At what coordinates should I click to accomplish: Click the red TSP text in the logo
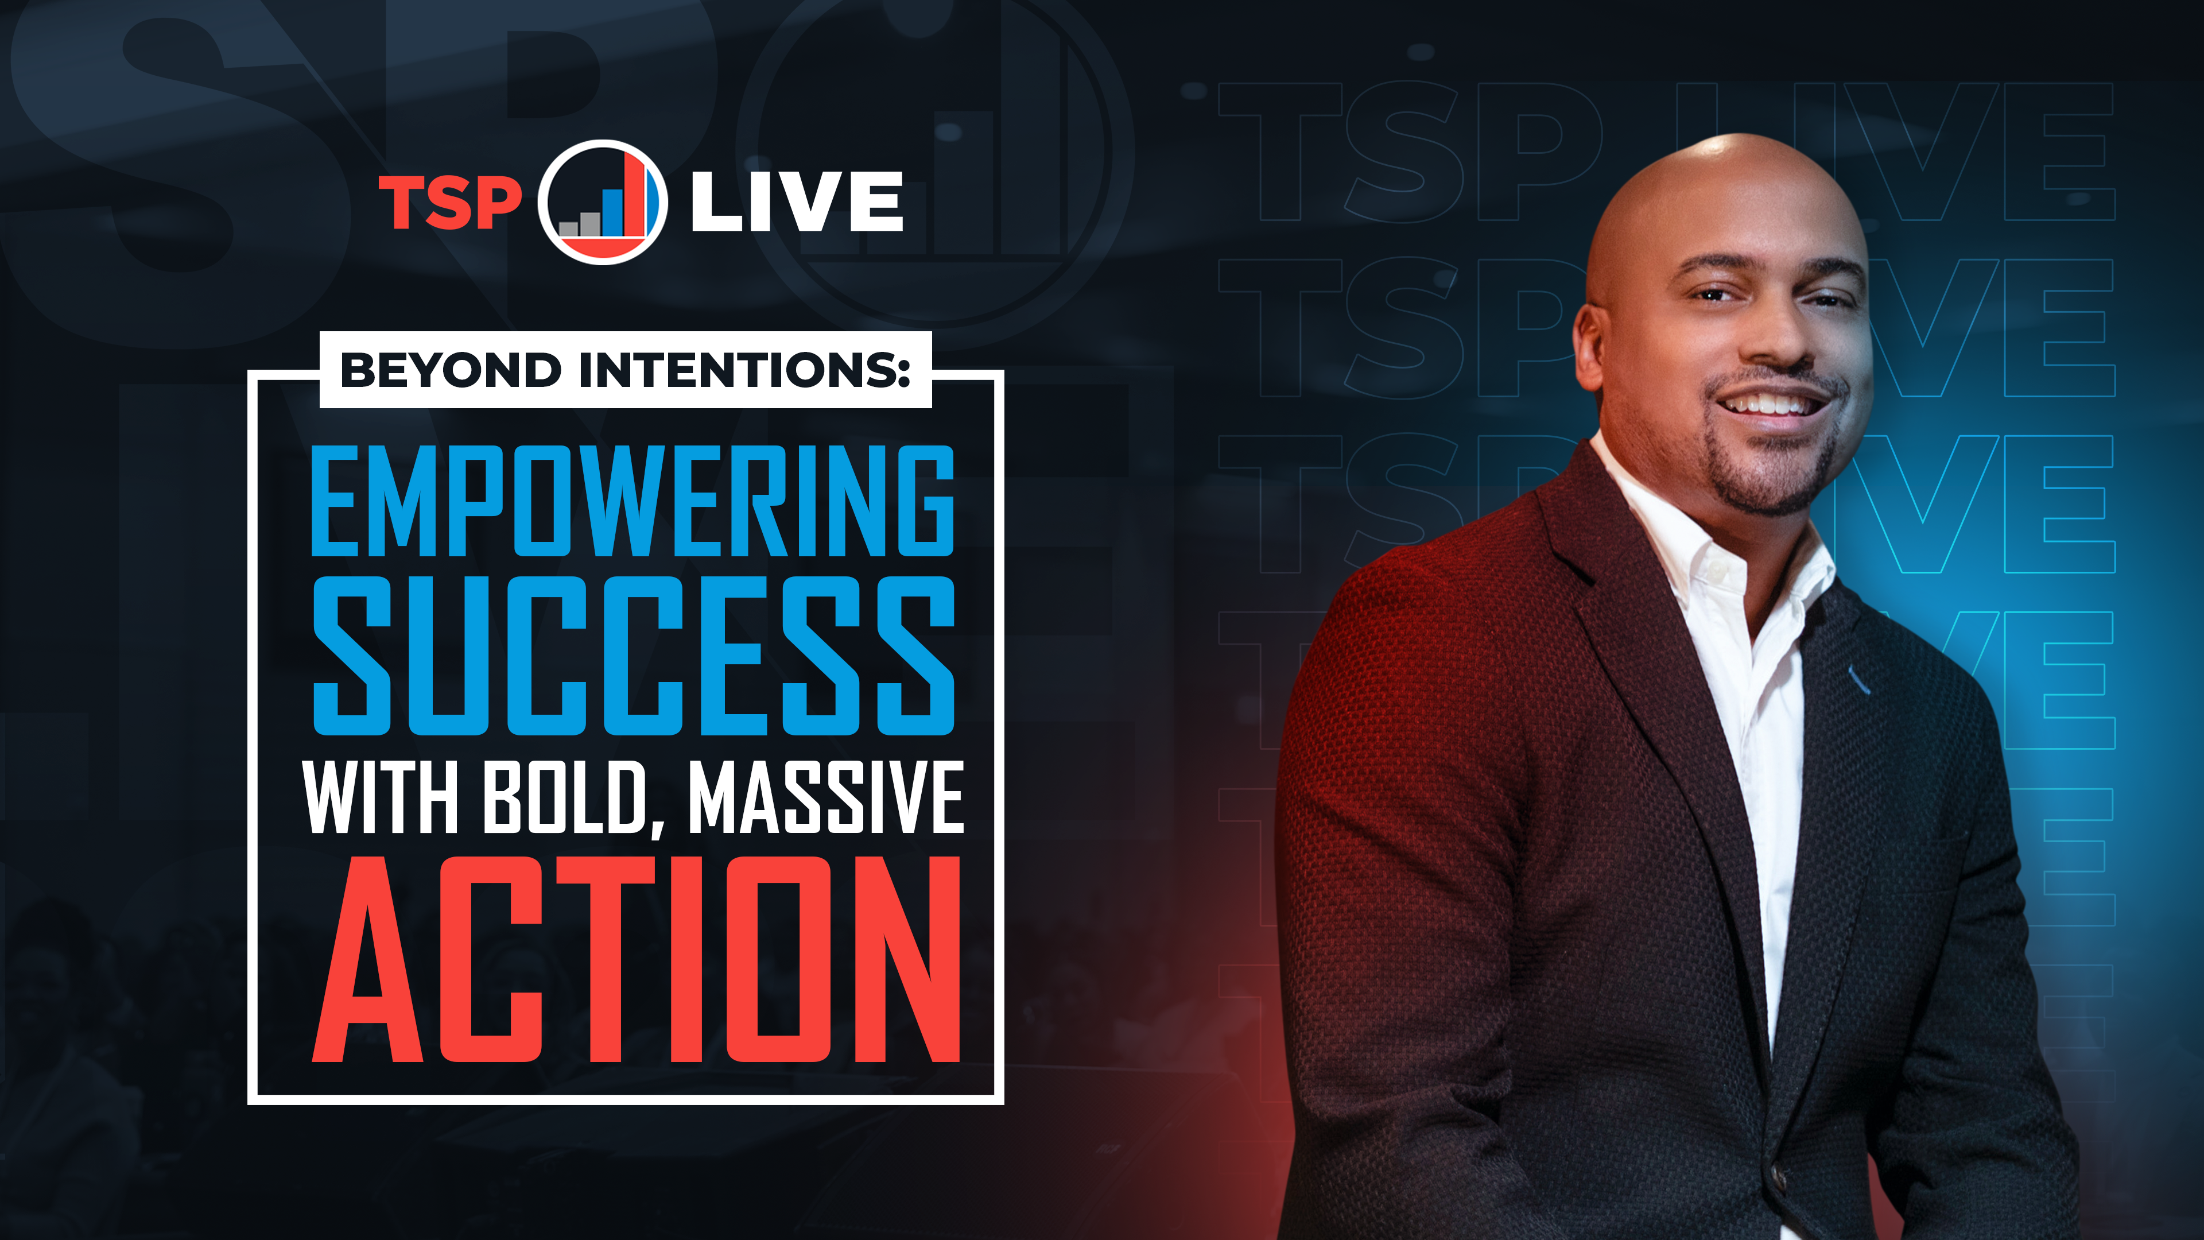click(450, 203)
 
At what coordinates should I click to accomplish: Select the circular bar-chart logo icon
click(602, 203)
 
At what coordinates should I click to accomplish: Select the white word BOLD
click(565, 797)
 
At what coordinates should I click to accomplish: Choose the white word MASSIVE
click(826, 797)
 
